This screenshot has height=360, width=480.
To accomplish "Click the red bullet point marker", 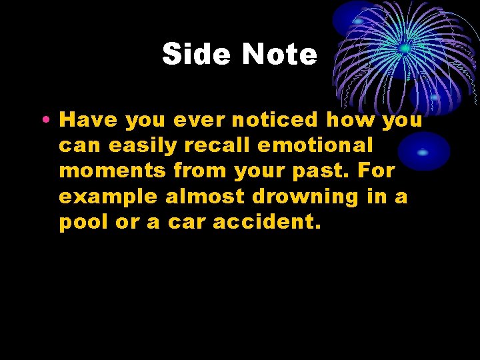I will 43,121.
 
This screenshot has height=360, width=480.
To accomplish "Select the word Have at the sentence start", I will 89,120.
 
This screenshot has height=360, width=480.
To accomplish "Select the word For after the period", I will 377,171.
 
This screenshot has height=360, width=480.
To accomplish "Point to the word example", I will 109,197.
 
